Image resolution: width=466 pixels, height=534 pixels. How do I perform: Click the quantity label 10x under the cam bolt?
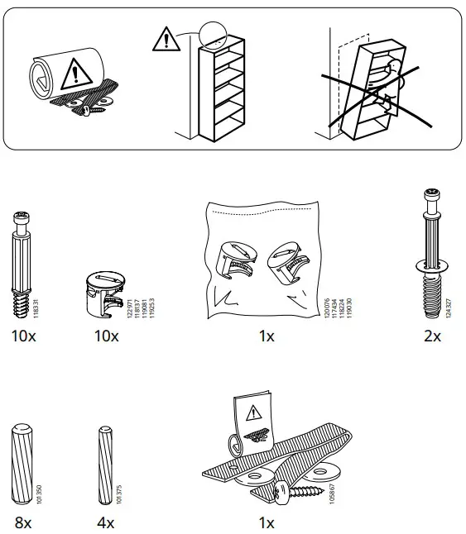(x=23, y=336)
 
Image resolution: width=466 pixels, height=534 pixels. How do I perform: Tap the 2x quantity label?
(x=432, y=336)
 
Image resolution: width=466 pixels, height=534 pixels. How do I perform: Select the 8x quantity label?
(x=22, y=522)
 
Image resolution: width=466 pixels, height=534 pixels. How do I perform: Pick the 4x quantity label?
(x=105, y=522)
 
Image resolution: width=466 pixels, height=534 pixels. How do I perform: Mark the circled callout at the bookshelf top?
(x=212, y=35)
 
